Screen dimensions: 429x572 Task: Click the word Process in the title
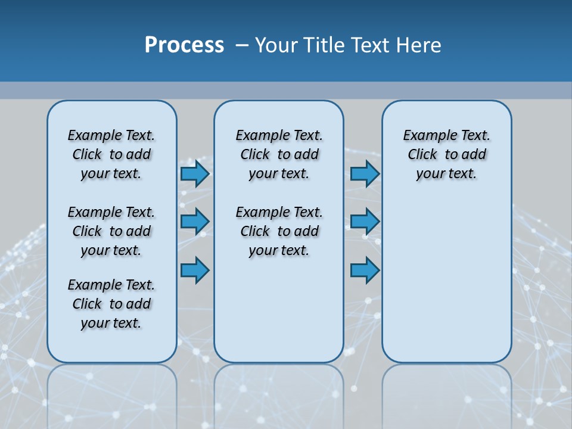pos(184,45)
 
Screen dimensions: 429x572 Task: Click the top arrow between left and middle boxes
pos(195,173)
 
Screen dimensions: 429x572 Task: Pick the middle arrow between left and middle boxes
pos(195,222)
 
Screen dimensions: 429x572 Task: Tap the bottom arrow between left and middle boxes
pos(195,271)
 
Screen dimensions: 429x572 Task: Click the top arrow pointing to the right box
pos(365,173)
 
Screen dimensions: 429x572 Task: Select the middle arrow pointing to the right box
pos(365,222)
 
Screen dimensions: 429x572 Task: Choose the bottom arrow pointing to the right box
pos(365,271)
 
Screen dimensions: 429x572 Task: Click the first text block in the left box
pos(111,154)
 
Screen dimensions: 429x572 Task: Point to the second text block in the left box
pos(111,231)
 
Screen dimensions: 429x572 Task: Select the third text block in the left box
pos(111,304)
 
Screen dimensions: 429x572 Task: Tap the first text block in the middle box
pos(279,154)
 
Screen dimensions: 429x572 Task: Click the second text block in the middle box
pos(279,231)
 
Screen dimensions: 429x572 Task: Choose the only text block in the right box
pos(446,154)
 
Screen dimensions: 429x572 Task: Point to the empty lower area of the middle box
pos(279,310)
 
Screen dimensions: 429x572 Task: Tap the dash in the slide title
pos(242,45)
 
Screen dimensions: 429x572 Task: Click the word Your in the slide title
pos(276,45)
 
